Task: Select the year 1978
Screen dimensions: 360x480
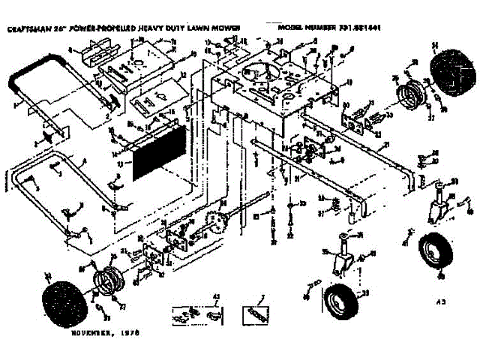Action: pyautogui.click(x=130, y=331)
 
